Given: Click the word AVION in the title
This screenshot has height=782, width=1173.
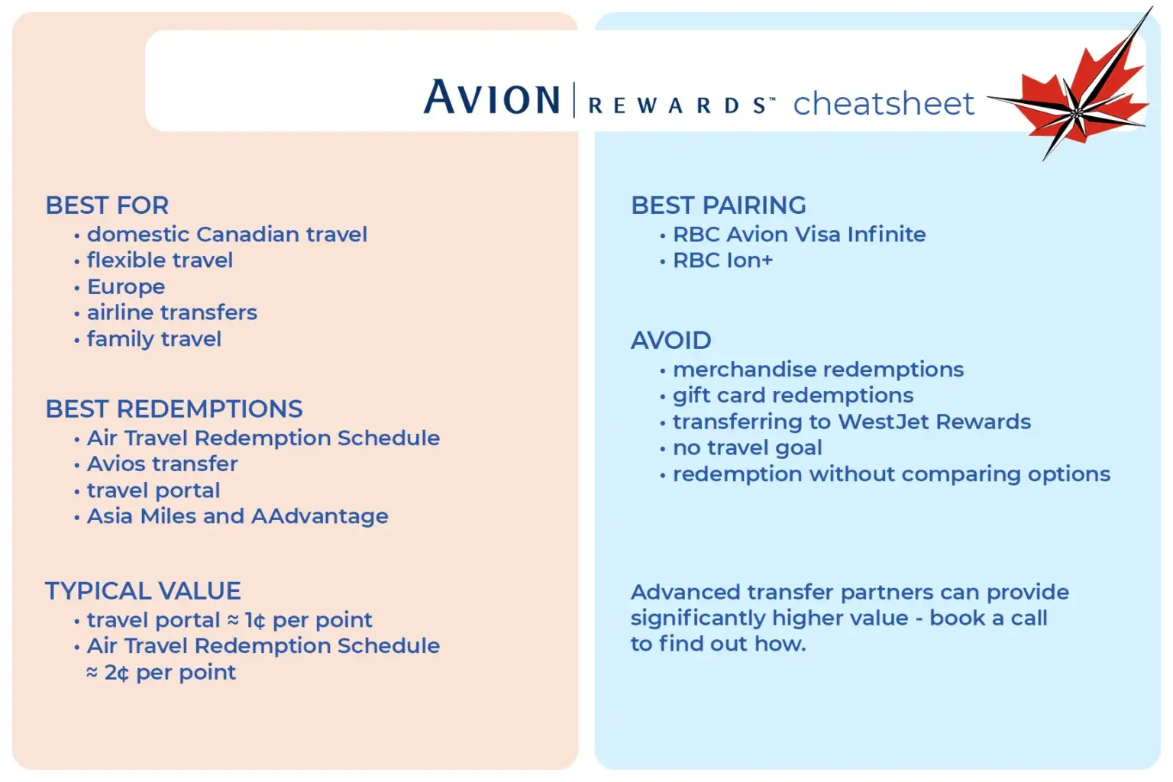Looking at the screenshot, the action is (492, 97).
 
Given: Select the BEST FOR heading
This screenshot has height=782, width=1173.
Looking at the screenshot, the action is (107, 205).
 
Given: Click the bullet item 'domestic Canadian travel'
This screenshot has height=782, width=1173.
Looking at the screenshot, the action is (227, 234).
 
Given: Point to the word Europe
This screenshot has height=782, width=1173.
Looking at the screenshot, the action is (126, 287).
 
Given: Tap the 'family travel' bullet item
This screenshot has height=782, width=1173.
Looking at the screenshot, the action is (154, 339).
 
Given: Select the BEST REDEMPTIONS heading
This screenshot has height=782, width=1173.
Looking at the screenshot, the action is (174, 409).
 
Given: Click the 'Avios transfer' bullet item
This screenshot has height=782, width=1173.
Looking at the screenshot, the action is (163, 464).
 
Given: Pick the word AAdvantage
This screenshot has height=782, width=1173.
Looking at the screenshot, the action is (319, 516).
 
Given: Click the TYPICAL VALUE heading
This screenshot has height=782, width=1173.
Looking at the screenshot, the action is (143, 590).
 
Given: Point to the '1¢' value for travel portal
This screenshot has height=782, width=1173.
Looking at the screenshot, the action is (255, 620).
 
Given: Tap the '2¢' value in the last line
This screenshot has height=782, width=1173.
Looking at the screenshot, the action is (116, 673).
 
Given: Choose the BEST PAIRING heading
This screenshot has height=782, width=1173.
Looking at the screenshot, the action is (718, 205).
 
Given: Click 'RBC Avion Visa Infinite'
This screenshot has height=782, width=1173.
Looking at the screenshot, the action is (799, 234).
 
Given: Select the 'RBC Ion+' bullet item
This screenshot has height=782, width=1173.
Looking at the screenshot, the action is (722, 260).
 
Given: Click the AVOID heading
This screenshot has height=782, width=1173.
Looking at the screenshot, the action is (671, 340).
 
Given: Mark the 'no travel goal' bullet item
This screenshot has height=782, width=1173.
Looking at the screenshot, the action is (748, 448).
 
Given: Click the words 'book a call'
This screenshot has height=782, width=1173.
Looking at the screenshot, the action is (988, 618).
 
